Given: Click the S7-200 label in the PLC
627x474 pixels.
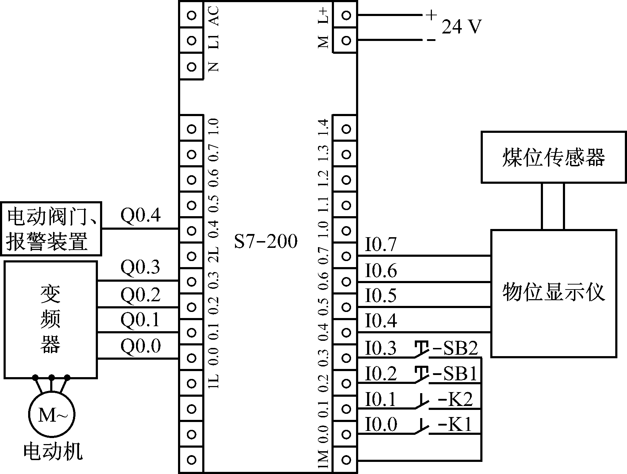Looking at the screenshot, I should coord(266,242).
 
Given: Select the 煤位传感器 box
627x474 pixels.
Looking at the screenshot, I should coord(553,157).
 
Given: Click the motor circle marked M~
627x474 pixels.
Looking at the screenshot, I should coord(52,415).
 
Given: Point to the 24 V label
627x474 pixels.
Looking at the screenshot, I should coord(461,27).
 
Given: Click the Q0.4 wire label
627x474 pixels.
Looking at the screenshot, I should coord(141,215).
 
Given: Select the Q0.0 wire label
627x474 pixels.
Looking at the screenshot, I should coord(141,346).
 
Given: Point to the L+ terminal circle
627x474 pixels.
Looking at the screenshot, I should coord(346,15).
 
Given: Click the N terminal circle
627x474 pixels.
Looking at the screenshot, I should coord(192,67).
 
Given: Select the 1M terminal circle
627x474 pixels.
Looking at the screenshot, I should coord(346,459).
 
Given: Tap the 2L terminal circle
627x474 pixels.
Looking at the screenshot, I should coord(192,256).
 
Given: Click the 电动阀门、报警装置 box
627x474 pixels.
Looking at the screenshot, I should coord(51,229).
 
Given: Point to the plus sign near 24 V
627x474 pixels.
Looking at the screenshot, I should coord(431,15).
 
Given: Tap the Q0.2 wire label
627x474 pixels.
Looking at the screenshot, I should coord(141,295).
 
